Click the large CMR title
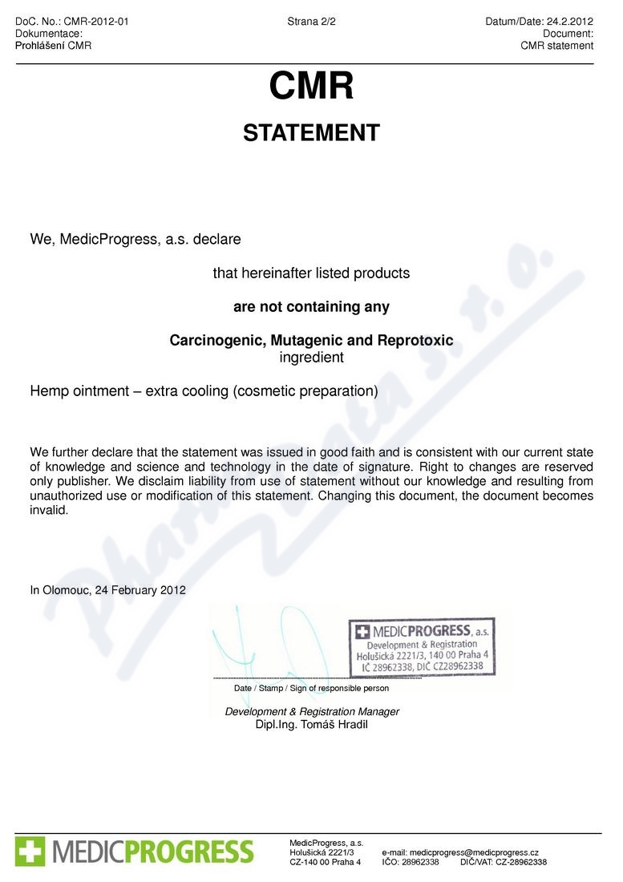[x=311, y=87]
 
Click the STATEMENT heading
[x=311, y=133]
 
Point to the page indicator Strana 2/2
[x=311, y=22]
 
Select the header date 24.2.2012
[x=570, y=22]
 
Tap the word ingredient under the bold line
[x=311, y=358]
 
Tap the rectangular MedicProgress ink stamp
[x=421, y=645]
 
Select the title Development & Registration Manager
[x=312, y=712]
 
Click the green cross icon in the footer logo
[x=30, y=851]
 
